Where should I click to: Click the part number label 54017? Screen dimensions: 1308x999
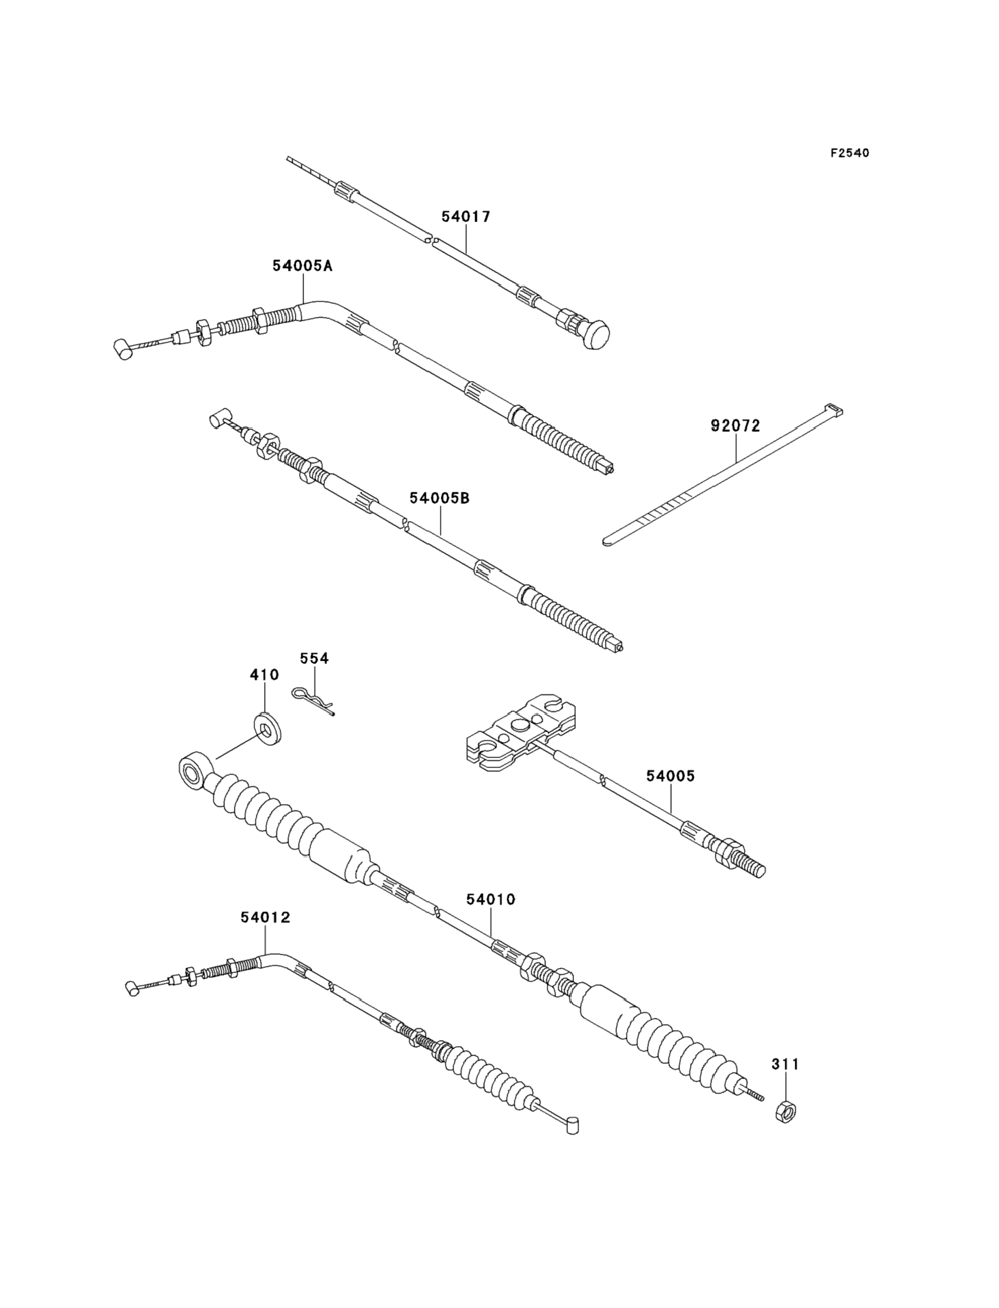[466, 217]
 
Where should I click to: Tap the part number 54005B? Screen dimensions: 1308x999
[440, 498]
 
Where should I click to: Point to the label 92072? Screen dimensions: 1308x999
[735, 426]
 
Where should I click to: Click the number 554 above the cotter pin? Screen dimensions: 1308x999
[314, 658]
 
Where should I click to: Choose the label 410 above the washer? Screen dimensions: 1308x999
[264, 675]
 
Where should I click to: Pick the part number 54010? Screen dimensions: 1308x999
[491, 899]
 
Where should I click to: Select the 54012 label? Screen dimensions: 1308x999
[265, 918]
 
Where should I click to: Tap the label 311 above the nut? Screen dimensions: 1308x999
[786, 1064]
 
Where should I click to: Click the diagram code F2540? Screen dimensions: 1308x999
[849, 153]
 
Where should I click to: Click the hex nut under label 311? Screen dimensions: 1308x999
[787, 1111]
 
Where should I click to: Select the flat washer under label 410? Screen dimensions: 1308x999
[267, 729]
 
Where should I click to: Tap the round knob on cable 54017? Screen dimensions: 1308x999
[596, 334]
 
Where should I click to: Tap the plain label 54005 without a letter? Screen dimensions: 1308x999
[670, 776]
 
